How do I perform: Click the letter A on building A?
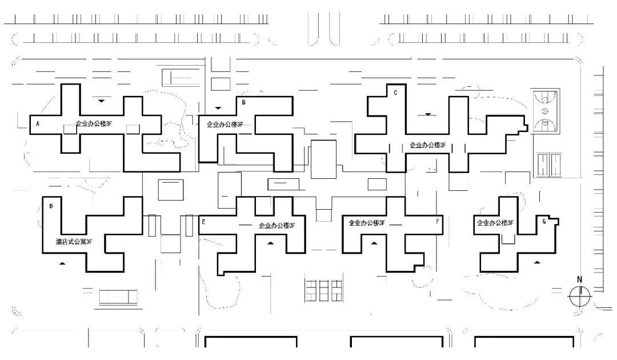coord(38,123)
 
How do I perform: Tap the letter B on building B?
coord(244,103)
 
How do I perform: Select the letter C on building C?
coord(395,93)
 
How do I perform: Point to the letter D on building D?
coord(51,206)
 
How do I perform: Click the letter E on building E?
coord(203,221)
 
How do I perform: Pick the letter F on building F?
coord(438,220)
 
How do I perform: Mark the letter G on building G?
coord(543,221)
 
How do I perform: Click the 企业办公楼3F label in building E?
coord(277,225)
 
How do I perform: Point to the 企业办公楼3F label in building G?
coord(495,223)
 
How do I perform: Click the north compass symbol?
coord(579,295)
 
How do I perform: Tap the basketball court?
coord(545,111)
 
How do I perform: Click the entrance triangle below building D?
coord(63,263)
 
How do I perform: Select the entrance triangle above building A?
coord(101,101)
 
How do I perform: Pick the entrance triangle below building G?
coord(536,262)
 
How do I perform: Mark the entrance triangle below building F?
coord(374,243)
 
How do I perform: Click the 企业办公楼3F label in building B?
coord(225,124)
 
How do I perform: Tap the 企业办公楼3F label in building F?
coord(367,223)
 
